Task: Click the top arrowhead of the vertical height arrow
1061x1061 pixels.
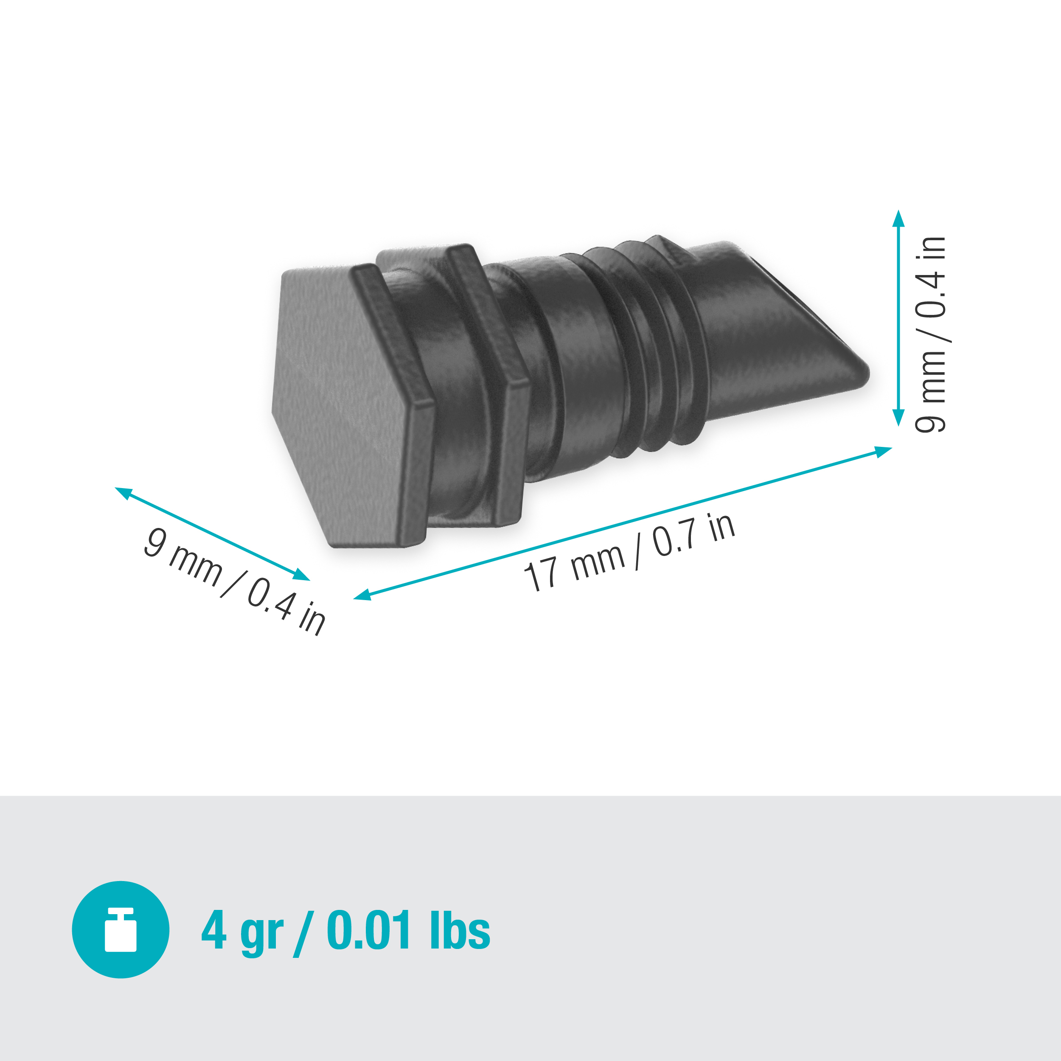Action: coord(898,219)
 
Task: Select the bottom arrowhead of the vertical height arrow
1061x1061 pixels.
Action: coord(898,417)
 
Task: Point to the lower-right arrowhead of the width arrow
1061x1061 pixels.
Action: coord(301,575)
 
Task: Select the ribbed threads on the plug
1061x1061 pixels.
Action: coord(648,351)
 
